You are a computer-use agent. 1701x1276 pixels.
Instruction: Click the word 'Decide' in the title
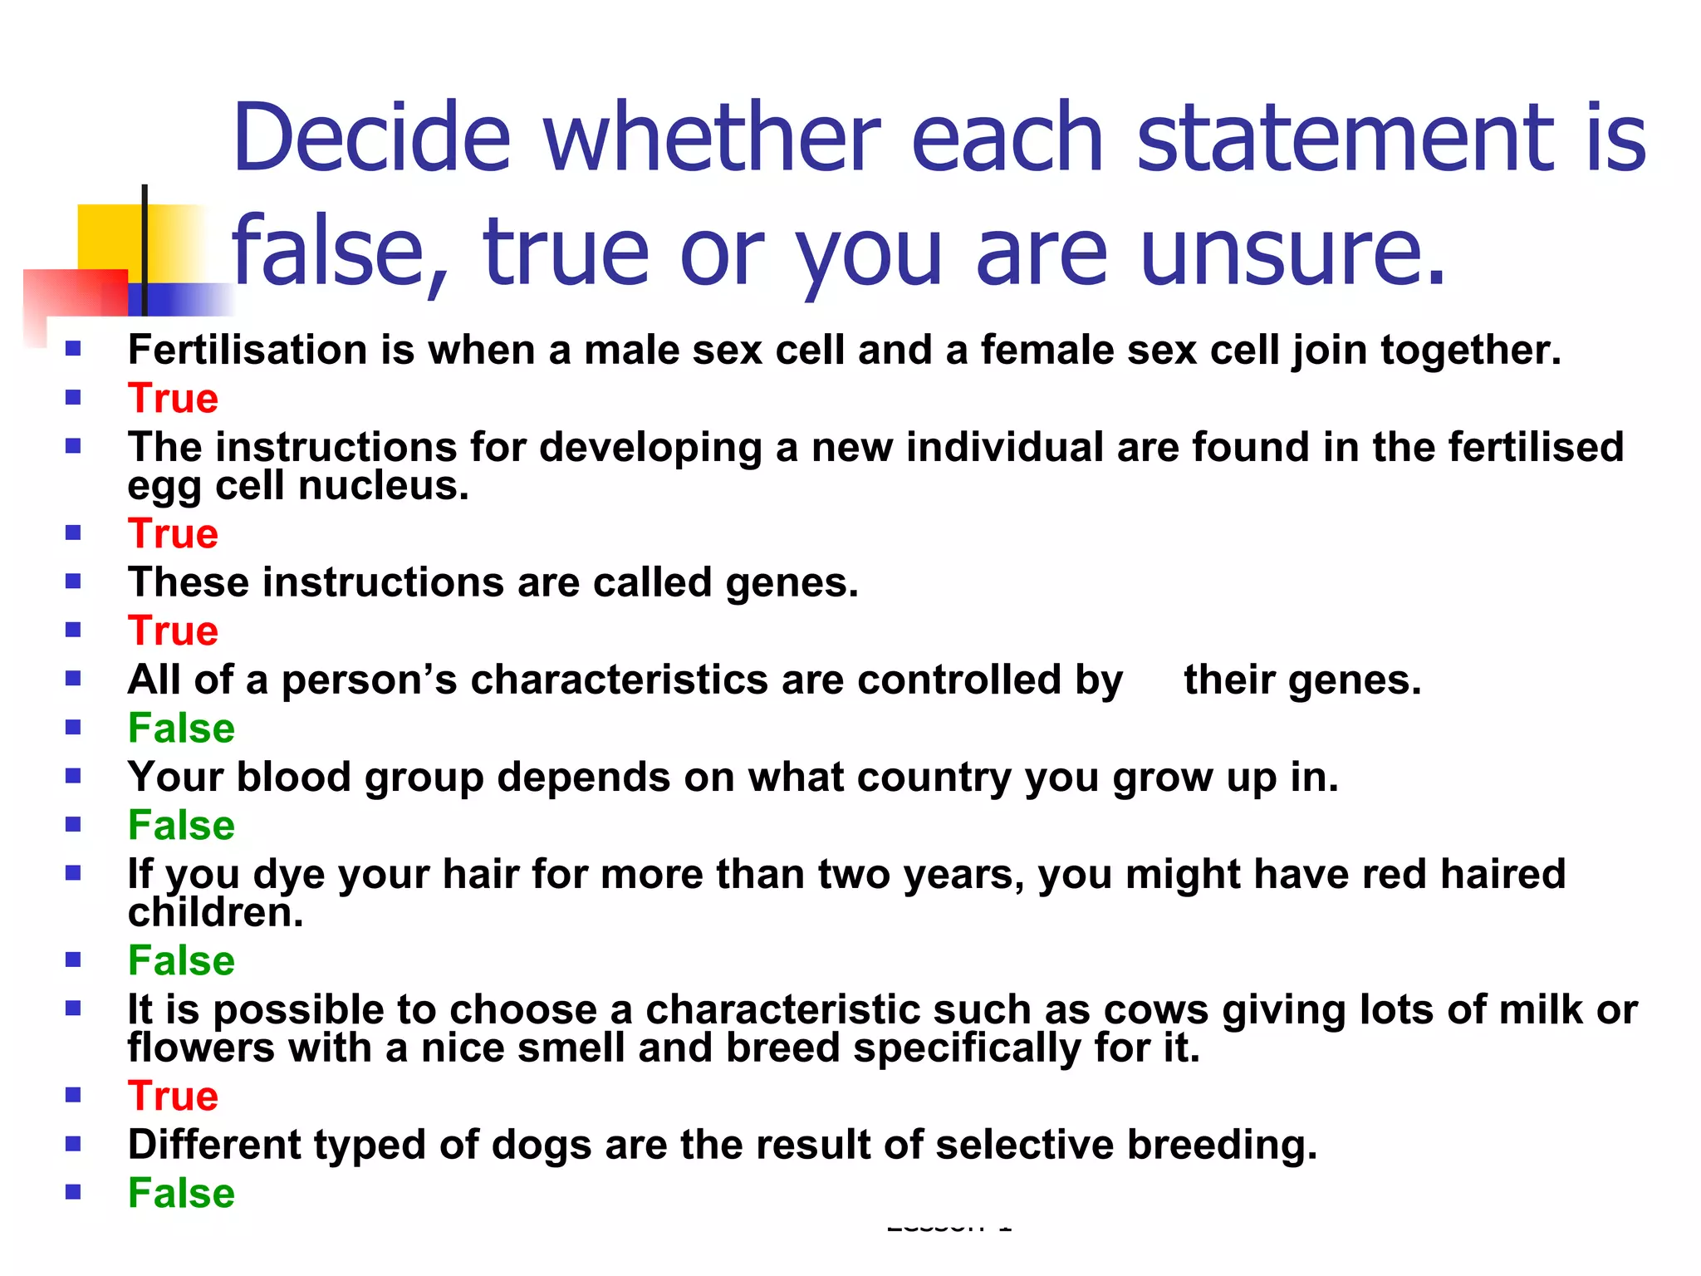[371, 137]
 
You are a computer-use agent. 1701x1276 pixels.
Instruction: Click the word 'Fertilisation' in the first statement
[248, 350]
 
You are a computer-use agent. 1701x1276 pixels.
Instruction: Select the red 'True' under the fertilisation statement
[173, 399]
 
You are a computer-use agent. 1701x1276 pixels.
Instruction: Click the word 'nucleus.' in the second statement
[384, 485]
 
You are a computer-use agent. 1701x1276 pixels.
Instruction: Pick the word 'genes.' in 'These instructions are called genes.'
[792, 583]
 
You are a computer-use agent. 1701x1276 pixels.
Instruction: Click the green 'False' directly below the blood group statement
[181, 826]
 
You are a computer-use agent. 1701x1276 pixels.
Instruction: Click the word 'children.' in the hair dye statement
[215, 913]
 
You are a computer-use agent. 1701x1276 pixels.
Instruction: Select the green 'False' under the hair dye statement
[181, 961]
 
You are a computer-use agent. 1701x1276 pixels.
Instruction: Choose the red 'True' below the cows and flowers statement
[173, 1097]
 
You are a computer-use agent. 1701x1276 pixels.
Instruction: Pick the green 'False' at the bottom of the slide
[181, 1194]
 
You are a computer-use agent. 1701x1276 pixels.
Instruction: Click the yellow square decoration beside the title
[108, 236]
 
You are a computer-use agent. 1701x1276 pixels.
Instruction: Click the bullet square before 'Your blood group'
[73, 776]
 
